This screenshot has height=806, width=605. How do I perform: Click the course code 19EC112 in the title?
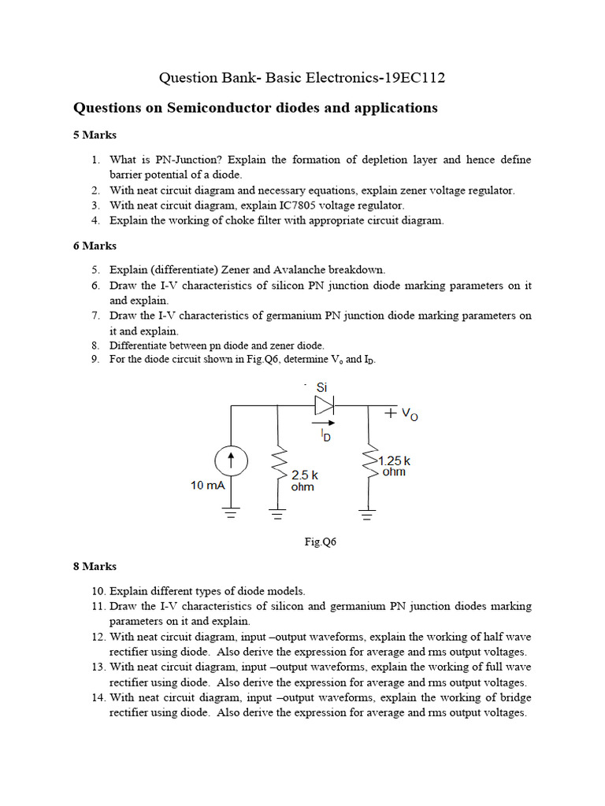(419, 77)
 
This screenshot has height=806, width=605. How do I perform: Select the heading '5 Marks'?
(95, 135)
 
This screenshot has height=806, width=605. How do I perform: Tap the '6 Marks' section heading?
(95, 246)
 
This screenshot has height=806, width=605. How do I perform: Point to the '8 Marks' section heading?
(95, 566)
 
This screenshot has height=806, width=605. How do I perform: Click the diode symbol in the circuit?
(325, 405)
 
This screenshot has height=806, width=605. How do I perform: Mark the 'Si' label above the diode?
(321, 387)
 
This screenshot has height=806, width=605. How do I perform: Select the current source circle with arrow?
(232, 460)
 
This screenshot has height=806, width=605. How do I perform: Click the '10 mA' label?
(207, 486)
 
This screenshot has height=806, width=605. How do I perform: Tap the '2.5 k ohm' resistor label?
(304, 481)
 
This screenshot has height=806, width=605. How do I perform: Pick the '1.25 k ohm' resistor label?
(394, 466)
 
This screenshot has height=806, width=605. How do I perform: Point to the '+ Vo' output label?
(401, 413)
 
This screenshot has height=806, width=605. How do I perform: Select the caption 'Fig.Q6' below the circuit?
(321, 542)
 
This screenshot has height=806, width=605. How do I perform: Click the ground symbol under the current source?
(232, 515)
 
